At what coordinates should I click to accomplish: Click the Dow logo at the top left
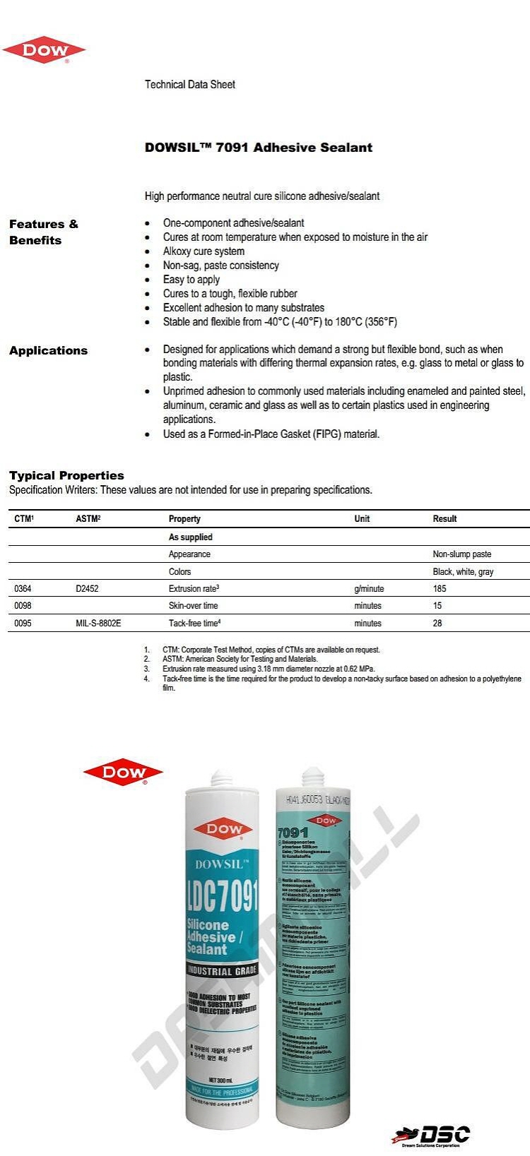pos(44,50)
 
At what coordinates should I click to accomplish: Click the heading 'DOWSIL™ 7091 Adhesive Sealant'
pos(259,148)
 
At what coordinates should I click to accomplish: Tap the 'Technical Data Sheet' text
pos(189,85)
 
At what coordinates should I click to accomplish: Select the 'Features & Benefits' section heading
pos(43,232)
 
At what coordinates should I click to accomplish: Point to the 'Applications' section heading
pos(48,351)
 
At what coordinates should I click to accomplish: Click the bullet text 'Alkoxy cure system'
pos(204,251)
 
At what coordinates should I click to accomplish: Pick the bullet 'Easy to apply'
pos(192,280)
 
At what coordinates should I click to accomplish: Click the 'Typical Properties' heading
pos(66,475)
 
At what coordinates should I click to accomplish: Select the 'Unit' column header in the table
pos(362,519)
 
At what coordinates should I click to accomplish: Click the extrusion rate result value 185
pos(440,588)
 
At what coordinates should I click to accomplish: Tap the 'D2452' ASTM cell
pos(87,588)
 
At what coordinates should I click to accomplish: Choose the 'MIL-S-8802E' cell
pos(98,624)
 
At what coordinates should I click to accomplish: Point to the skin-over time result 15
pos(437,606)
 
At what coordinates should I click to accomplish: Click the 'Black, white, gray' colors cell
pos(463,572)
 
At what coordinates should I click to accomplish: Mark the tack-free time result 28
pos(437,624)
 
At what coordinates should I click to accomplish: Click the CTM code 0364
pos(23,588)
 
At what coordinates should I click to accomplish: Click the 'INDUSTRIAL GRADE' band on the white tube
pos(222,971)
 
